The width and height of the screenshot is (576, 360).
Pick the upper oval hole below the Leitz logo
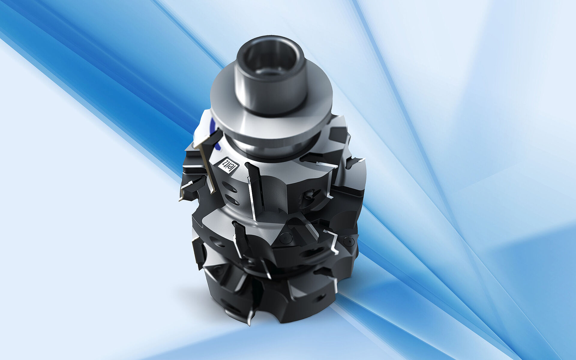click(230, 187)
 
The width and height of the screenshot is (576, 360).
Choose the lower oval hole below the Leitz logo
click(232, 200)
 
